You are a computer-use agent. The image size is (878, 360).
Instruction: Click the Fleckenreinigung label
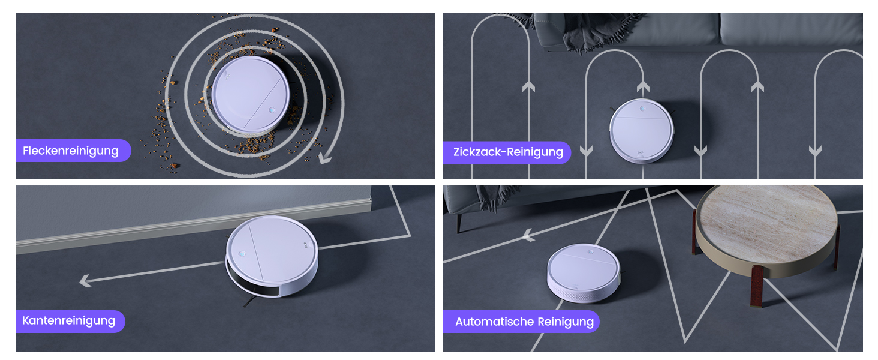click(73, 151)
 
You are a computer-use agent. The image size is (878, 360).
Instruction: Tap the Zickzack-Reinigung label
click(507, 152)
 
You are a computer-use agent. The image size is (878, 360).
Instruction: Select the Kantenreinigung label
click(70, 321)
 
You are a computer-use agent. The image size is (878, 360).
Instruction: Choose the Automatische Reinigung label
click(521, 322)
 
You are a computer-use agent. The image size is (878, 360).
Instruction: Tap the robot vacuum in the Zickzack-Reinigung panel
click(642, 131)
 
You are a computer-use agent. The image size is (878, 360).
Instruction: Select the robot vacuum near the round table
click(584, 272)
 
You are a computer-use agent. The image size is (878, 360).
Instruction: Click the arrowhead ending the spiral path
click(325, 158)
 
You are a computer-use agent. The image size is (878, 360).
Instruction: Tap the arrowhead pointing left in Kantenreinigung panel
click(85, 281)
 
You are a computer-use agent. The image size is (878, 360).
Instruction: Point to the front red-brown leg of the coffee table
click(756, 286)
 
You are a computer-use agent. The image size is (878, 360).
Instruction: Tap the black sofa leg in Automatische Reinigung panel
click(459, 224)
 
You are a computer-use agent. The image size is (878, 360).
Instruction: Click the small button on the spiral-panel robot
click(272, 110)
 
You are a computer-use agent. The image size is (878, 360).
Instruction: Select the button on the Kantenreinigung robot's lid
click(242, 254)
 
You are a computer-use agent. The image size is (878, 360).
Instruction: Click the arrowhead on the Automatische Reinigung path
click(529, 235)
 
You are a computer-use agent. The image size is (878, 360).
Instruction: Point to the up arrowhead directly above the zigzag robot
click(644, 86)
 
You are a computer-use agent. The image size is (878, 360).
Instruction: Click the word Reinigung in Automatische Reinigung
click(566, 322)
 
